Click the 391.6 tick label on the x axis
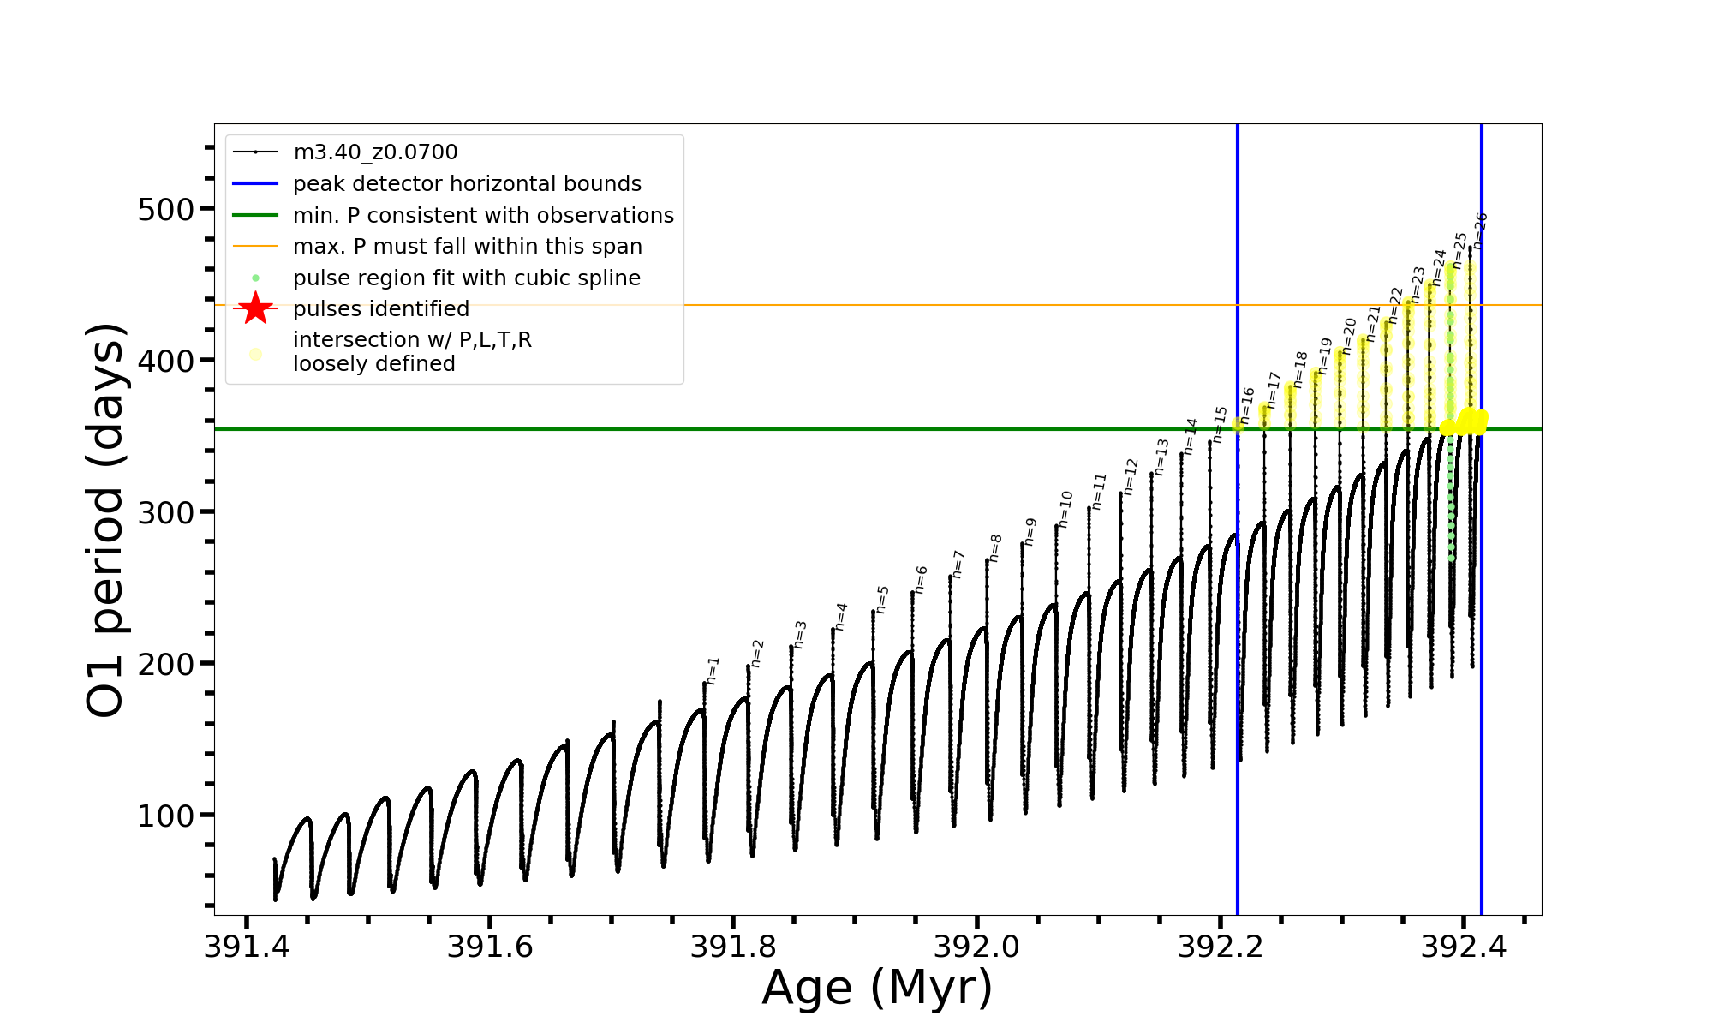tap(490, 947)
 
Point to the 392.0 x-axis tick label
tap(976, 947)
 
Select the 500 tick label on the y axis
tap(165, 210)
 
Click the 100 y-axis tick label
tap(165, 816)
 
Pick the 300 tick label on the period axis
tap(165, 513)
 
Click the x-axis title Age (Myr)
tap(877, 988)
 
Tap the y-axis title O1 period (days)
tap(106, 519)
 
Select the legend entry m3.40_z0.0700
tap(375, 152)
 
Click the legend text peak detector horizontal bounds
tap(467, 184)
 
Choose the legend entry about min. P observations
tap(483, 216)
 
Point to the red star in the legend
tap(255, 308)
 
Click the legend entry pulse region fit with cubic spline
tap(467, 278)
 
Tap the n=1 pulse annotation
tap(713, 672)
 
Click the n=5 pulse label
tap(882, 600)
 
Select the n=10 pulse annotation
tap(1065, 509)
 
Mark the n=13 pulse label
tap(1161, 457)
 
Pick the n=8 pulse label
tap(994, 548)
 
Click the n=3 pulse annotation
tap(800, 635)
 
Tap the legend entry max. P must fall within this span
tap(467, 247)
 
